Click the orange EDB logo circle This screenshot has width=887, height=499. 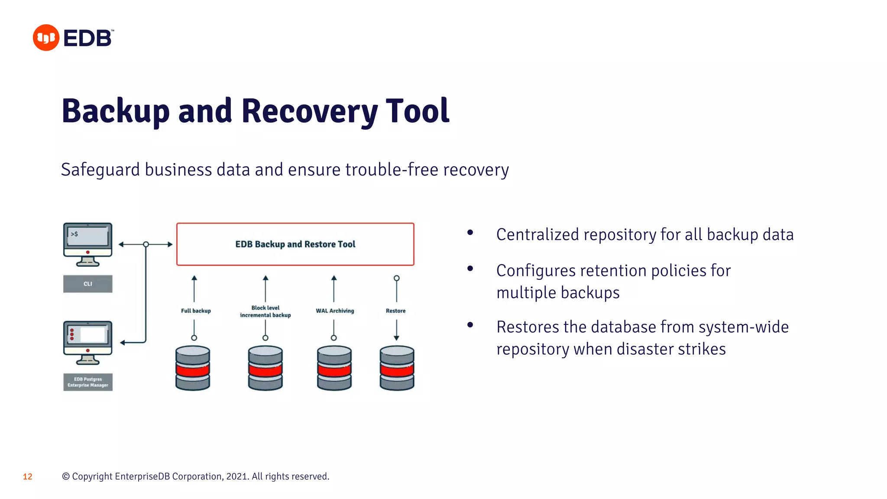46,38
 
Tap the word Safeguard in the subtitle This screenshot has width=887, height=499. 100,170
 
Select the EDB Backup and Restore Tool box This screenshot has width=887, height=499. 295,244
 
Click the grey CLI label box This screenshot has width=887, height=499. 88,284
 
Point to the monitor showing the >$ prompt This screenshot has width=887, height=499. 88,244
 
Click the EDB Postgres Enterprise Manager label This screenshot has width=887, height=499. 88,382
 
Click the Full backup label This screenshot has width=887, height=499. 196,311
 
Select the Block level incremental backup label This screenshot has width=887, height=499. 265,311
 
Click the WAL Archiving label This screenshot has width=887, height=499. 335,311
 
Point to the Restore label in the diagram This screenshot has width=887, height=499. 395,311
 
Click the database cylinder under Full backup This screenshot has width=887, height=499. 193,368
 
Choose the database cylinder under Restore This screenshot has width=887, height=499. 397,368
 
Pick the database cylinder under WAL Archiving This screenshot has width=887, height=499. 334,368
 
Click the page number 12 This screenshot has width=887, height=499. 28,477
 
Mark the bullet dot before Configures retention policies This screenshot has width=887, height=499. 470,269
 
